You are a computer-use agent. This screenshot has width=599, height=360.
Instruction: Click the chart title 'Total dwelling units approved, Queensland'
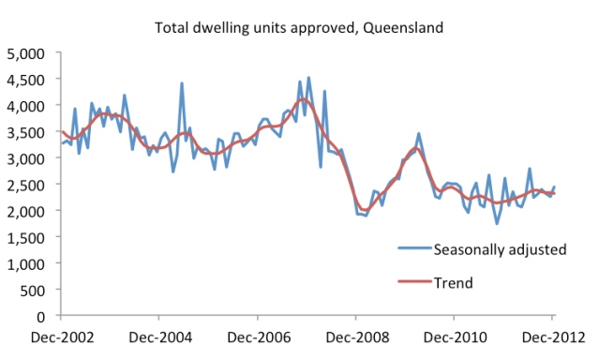pos(299,27)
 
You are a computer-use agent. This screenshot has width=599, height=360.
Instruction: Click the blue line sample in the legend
pos(411,249)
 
